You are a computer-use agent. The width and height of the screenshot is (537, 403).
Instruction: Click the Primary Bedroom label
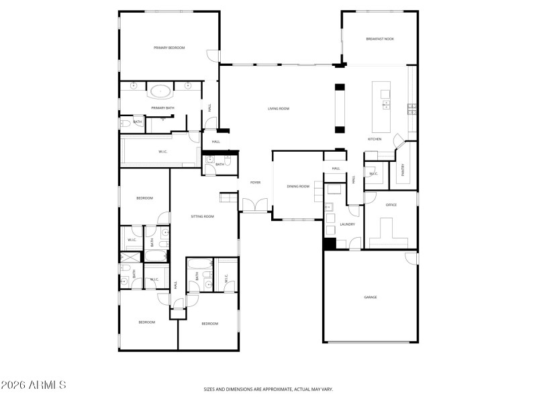point(168,48)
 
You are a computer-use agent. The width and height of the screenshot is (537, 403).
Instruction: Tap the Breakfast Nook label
point(380,39)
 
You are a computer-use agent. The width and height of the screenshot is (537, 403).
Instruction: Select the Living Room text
point(279,108)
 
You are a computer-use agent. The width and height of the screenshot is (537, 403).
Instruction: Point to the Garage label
point(371,297)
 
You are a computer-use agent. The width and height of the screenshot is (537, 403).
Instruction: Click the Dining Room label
point(298,186)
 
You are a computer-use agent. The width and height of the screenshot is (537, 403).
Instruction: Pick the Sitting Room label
point(202,216)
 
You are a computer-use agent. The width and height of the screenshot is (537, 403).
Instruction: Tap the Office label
point(391,205)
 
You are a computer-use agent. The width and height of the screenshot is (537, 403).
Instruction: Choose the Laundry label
point(347,224)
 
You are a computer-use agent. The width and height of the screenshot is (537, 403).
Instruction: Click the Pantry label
point(403,171)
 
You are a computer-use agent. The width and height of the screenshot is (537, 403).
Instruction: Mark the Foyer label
point(255,182)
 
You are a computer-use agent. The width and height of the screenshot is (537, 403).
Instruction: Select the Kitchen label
point(375,139)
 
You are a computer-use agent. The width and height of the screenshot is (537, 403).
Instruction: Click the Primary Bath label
point(162,108)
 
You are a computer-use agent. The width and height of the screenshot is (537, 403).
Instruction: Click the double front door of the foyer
point(254,205)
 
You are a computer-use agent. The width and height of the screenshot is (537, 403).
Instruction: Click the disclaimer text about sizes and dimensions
point(268,389)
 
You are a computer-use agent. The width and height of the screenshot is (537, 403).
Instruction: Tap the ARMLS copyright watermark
point(34,385)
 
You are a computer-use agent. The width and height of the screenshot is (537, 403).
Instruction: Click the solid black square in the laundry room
point(330,243)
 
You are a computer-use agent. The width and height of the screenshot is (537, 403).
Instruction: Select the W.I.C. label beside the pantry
point(373,174)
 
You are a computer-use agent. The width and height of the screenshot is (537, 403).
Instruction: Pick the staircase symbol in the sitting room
point(229,197)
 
